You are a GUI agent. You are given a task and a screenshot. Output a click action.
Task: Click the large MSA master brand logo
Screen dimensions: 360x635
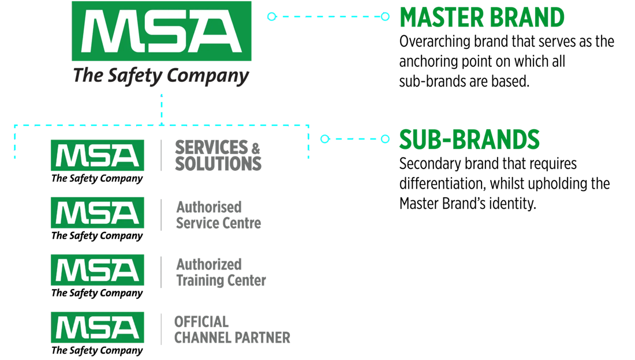coord(161,31)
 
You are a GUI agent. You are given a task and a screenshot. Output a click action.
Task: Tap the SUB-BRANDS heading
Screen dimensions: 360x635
coord(469,139)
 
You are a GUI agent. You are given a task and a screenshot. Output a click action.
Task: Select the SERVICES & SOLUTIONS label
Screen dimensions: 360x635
coord(218,155)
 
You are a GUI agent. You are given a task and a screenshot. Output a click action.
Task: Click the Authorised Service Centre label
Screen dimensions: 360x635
coord(218,215)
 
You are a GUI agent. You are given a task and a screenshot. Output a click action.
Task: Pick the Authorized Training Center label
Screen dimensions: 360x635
coord(221,272)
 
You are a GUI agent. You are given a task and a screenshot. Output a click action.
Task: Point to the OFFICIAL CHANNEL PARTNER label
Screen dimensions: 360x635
coord(232,329)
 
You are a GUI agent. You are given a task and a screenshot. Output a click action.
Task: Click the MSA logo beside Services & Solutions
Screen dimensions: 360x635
coord(97,155)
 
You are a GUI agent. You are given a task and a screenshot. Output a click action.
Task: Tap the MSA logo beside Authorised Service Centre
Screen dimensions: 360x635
coord(97,212)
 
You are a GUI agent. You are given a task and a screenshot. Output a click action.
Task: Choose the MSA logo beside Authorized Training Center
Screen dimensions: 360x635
coord(97,270)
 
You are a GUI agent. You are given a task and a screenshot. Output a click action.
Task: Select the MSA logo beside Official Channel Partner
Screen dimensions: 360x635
coord(97,327)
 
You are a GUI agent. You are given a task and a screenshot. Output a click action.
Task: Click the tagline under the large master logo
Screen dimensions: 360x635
coord(161,76)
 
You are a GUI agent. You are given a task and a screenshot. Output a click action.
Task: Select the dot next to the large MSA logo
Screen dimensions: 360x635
coord(271,17)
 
